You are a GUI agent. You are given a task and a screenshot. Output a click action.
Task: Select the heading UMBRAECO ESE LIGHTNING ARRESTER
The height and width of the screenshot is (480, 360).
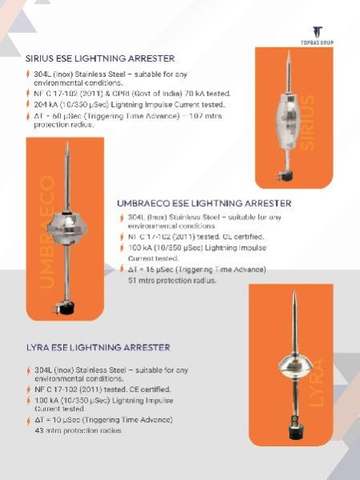[x=204, y=204]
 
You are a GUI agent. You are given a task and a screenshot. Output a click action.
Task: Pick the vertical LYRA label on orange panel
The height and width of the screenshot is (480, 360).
[x=318, y=384]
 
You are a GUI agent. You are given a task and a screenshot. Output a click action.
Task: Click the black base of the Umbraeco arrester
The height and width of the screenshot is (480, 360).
[x=63, y=308]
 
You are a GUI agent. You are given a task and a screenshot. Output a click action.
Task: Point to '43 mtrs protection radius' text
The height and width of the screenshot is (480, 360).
[x=79, y=430]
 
